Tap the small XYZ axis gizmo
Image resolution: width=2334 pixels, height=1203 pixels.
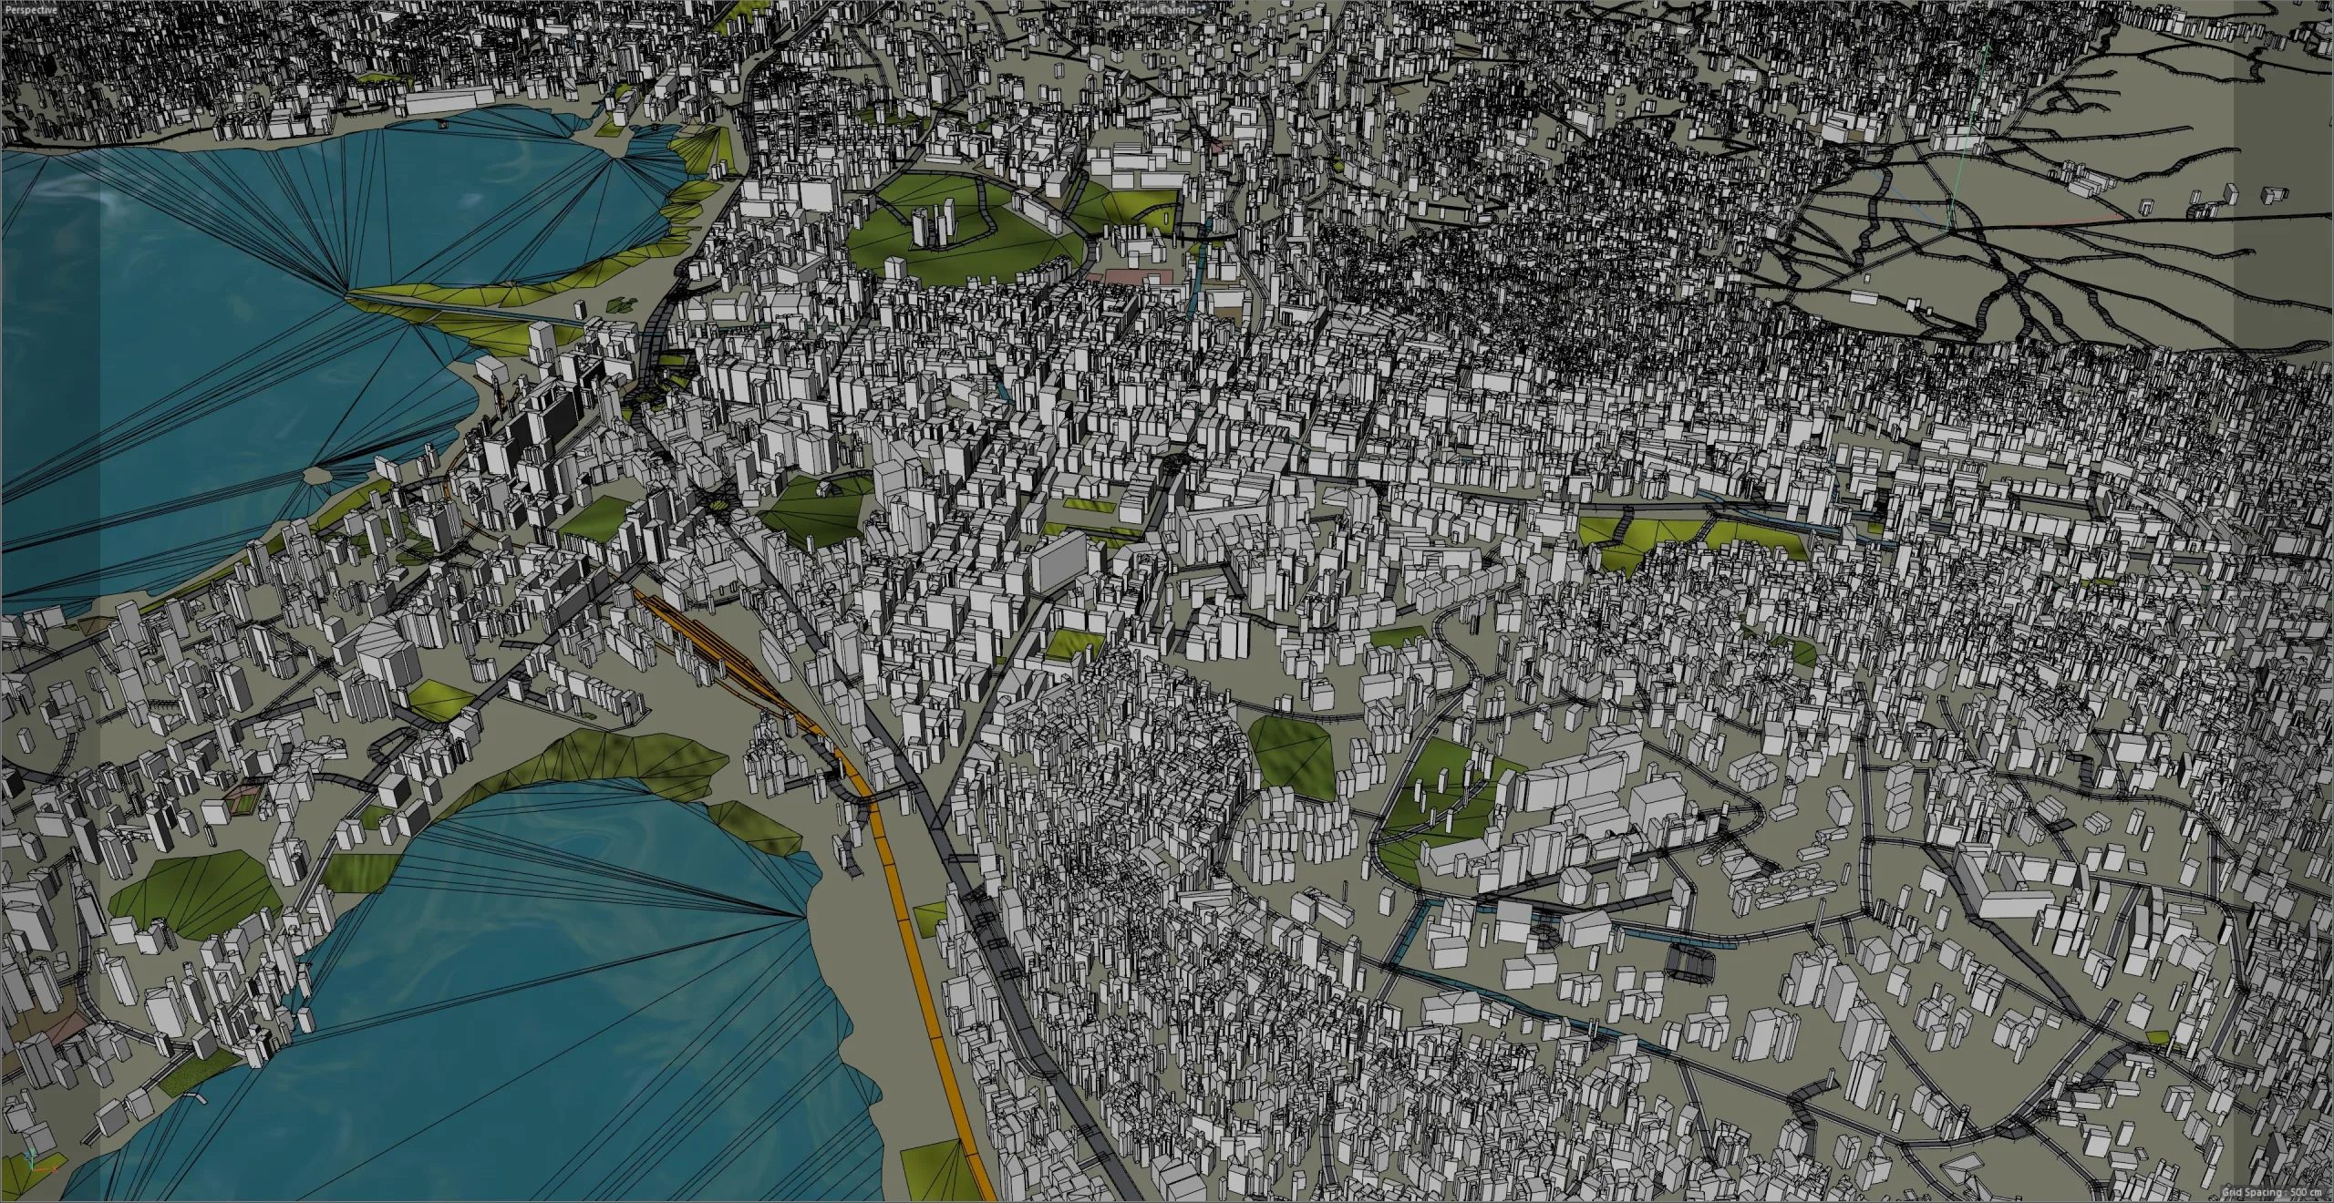coord(31,1186)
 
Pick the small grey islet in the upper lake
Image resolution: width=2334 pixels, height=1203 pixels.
coord(315,475)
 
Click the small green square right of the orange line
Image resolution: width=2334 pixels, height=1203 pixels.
coord(930,925)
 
